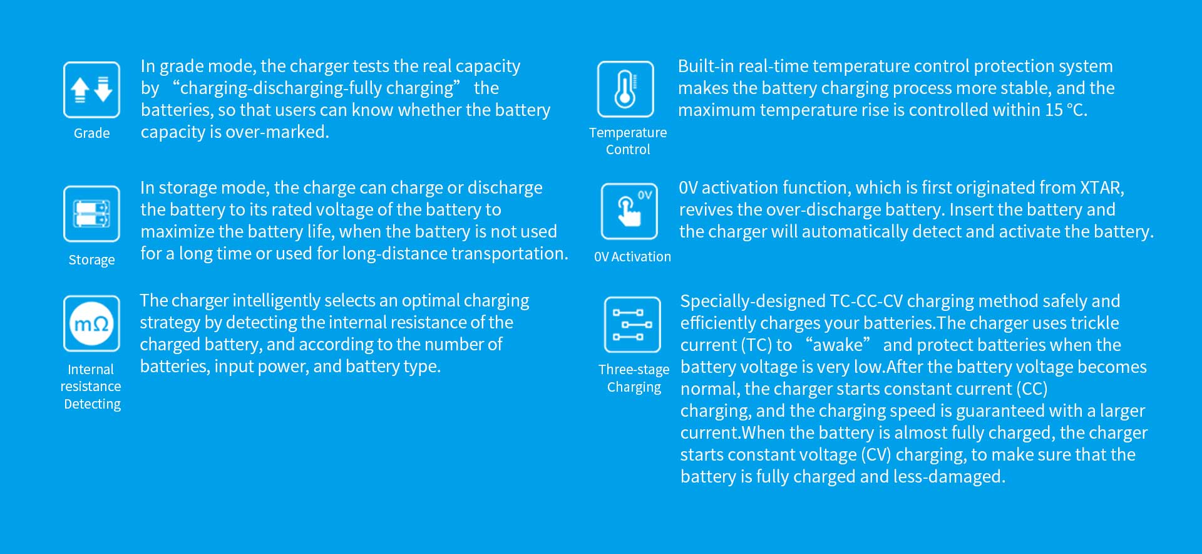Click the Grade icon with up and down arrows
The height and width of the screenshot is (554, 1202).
point(91,90)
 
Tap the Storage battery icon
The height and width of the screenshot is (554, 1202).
point(91,214)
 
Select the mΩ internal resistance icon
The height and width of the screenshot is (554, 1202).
point(91,323)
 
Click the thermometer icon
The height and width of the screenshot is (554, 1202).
point(625,89)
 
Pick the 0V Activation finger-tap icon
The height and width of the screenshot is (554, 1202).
point(629,211)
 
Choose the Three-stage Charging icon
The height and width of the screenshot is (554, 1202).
point(632,325)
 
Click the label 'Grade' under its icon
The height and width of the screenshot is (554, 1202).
point(91,133)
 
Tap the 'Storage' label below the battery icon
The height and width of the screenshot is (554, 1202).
point(91,259)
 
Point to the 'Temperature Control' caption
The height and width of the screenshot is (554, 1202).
point(628,141)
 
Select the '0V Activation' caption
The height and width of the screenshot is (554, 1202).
point(632,256)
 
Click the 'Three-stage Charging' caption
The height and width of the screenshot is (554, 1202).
point(634,379)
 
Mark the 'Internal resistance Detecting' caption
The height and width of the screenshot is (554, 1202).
point(91,387)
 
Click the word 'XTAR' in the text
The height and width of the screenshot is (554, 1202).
point(1101,187)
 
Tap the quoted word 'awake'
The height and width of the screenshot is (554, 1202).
point(838,345)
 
